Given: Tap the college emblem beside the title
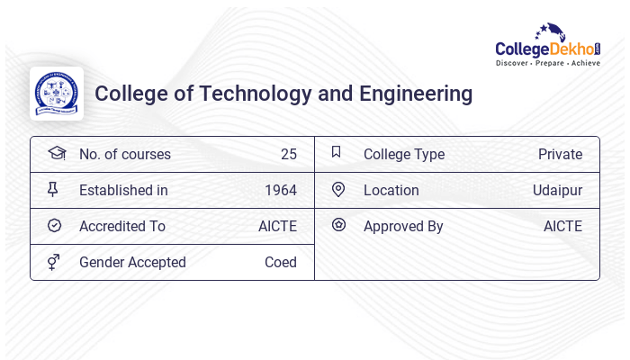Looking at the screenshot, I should (57, 93).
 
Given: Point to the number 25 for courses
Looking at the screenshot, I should (288, 154).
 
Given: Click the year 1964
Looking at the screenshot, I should (280, 190).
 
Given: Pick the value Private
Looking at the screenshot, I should (560, 154).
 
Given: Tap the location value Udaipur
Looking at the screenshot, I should (557, 190).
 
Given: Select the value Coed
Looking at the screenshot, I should (280, 262).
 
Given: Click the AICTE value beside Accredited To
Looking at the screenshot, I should (277, 226).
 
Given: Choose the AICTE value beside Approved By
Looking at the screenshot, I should (562, 226).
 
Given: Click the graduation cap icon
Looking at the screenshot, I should (56, 153).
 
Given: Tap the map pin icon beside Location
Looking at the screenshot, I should (338, 189).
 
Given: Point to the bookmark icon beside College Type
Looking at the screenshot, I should (337, 152).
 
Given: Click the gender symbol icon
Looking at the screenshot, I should (54, 261).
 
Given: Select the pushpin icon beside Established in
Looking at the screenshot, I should (53, 189).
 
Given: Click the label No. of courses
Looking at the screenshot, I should (124, 154).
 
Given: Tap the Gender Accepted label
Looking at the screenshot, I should (132, 262).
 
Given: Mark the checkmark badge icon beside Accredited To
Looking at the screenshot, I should (54, 225).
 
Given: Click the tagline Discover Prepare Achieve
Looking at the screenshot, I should (547, 64).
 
